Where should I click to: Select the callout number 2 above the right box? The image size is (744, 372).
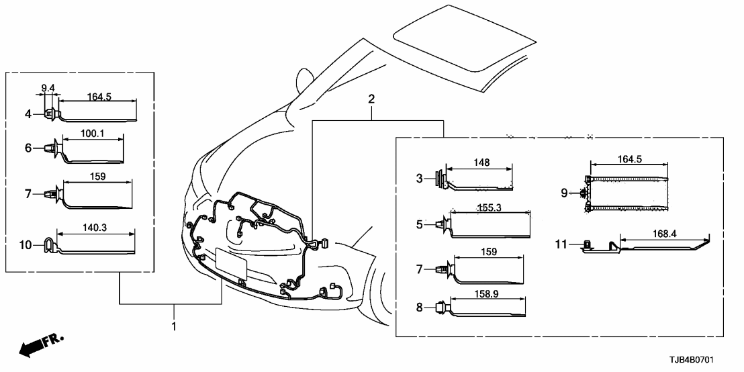(371, 100)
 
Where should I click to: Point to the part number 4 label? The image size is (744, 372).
(28, 115)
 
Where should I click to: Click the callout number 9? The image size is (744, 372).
(564, 193)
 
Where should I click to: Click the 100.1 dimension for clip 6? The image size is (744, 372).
(93, 133)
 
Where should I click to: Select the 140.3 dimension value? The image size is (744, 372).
(95, 228)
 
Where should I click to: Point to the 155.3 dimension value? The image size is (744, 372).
(490, 209)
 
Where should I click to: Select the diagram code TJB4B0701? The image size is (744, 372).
(700, 361)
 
